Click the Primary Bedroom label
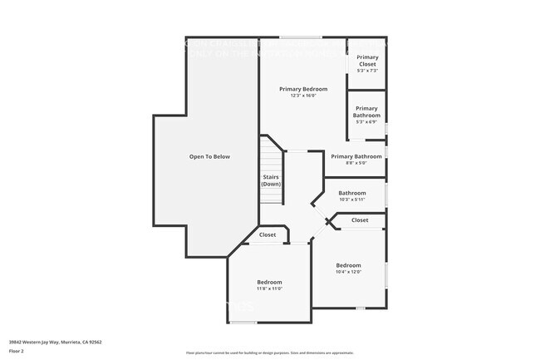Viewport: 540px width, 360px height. [x=303, y=89]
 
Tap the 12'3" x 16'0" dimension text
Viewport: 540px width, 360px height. [x=303, y=96]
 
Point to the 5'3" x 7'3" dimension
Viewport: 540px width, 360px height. [x=367, y=71]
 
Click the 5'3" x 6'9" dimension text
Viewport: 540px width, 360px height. [x=367, y=122]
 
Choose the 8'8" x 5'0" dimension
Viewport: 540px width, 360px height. [x=356, y=163]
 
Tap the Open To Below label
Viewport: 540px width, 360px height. [x=209, y=156]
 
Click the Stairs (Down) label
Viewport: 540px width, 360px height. [x=272, y=180]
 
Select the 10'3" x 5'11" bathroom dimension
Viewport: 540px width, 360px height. [x=352, y=200]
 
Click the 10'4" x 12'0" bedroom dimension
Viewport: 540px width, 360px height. [x=348, y=272]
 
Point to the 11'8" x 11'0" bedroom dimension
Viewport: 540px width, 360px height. [x=269, y=288]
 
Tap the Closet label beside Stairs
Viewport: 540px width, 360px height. [x=268, y=235]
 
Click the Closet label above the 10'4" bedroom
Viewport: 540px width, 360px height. [x=360, y=220]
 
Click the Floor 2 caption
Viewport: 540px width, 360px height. [x=17, y=351]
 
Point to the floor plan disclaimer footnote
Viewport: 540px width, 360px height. [x=270, y=353]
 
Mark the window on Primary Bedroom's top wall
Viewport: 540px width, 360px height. [x=301, y=37]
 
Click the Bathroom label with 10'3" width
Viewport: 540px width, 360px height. [x=352, y=193]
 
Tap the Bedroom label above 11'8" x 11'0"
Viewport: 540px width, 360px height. [x=269, y=282]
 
